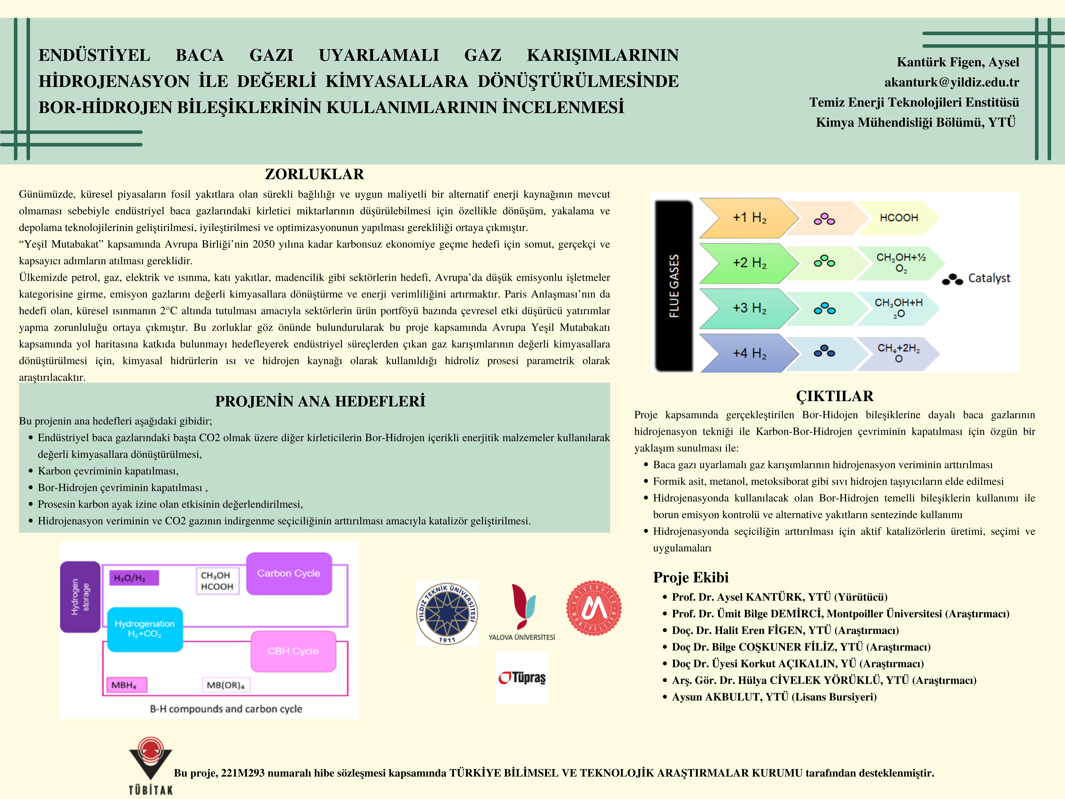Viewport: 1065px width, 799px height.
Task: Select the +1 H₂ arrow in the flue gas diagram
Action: pos(749,218)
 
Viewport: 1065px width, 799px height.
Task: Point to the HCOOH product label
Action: pos(898,218)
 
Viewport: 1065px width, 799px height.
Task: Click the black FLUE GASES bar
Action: pos(674,286)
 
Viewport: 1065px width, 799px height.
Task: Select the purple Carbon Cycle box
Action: pos(289,573)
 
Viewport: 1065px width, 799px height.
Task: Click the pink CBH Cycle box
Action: pos(293,651)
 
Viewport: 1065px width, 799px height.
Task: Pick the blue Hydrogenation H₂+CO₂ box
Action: pos(144,629)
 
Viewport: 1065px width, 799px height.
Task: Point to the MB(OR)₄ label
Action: pos(225,685)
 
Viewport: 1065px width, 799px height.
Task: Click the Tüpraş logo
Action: pos(522,678)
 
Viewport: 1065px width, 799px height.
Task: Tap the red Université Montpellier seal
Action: pos(594,608)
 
